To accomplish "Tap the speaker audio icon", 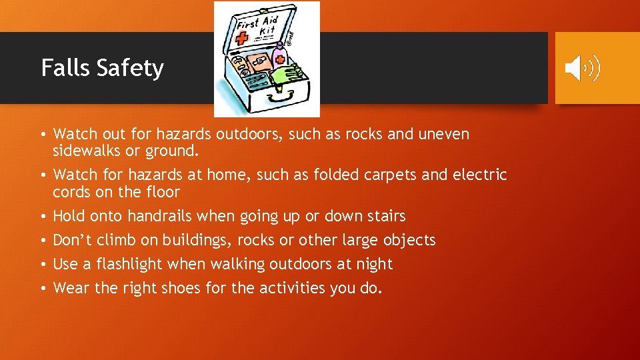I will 582,69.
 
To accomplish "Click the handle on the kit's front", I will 273,99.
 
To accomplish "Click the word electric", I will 479,175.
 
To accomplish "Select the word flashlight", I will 129,264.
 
